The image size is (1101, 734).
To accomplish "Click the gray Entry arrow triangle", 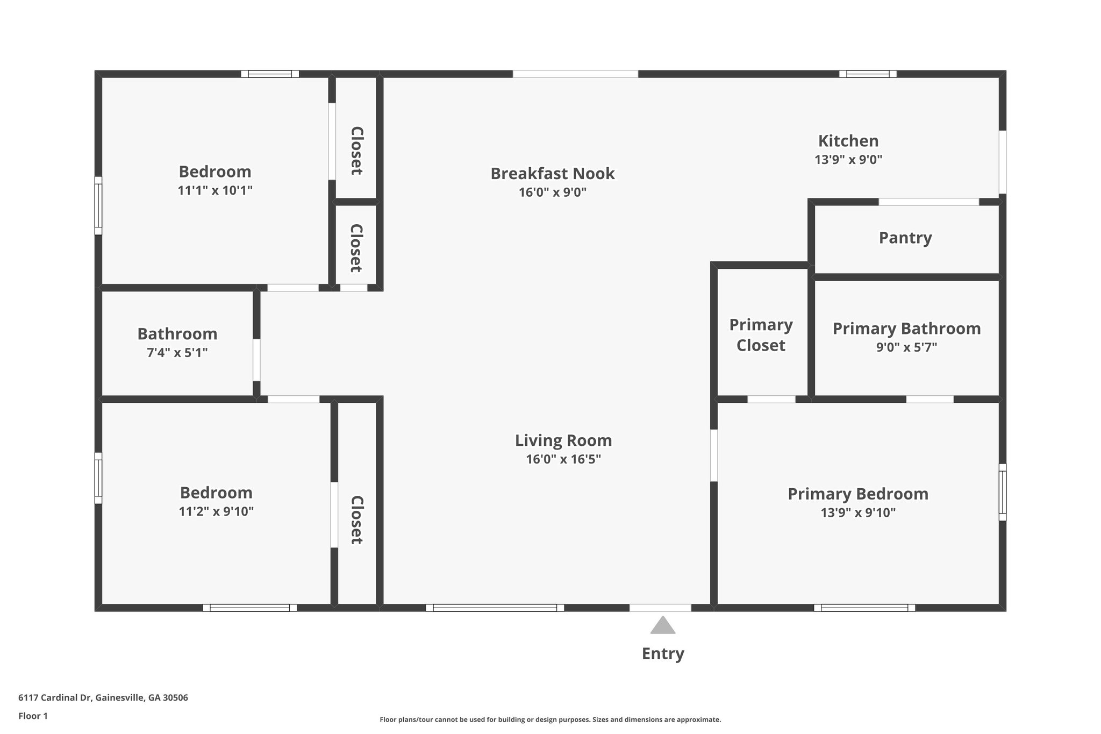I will click(662, 626).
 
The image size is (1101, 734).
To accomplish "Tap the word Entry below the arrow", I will click(663, 653).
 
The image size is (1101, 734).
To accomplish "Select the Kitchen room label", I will click(848, 141).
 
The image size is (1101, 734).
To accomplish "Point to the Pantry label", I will click(905, 238).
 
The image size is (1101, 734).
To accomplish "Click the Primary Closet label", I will click(761, 335).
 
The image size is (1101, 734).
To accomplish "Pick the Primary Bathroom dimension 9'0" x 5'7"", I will click(906, 347).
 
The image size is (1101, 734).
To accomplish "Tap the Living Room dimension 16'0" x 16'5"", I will click(563, 459).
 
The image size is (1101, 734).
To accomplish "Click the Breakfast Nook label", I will click(553, 174).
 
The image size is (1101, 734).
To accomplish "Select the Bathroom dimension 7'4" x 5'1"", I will click(177, 353).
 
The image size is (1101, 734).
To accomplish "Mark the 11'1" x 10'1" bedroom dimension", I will click(215, 190).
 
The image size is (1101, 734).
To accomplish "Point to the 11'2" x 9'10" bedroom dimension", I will click(216, 511).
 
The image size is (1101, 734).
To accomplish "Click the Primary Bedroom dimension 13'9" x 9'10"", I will click(858, 512).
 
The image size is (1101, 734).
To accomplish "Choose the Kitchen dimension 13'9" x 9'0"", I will click(848, 160).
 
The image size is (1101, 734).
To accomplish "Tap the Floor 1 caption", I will click(33, 716).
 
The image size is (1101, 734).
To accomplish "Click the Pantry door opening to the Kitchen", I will click(928, 202).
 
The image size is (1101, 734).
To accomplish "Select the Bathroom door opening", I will click(257, 360).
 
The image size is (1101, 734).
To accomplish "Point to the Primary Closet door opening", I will click(771, 399).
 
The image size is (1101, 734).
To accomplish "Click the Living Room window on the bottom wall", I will click(495, 608).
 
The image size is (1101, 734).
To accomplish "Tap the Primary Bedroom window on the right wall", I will click(1002, 493).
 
